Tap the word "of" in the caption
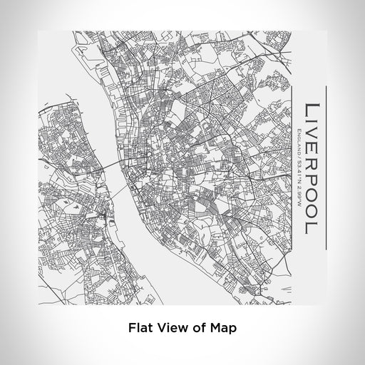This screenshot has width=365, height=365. (x=197, y=329)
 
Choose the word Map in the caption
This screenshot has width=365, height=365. (x=221, y=329)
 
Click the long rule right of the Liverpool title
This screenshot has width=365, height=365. (x=326, y=168)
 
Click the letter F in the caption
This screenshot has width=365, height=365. (x=131, y=329)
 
